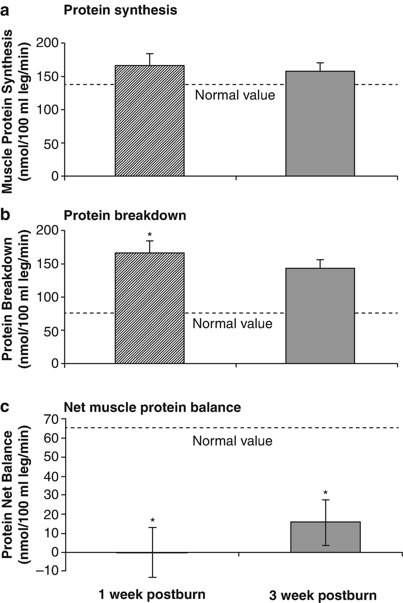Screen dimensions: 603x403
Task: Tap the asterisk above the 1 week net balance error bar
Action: click(x=152, y=521)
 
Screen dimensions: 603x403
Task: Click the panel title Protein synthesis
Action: click(x=120, y=10)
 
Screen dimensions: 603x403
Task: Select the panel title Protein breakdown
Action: click(x=125, y=215)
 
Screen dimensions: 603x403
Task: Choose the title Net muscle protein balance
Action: click(x=152, y=407)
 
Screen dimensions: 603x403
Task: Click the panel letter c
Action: click(x=5, y=407)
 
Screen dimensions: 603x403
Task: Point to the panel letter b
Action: click(x=5, y=214)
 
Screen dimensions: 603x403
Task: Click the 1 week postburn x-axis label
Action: click(x=152, y=594)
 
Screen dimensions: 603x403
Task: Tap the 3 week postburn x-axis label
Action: click(x=323, y=595)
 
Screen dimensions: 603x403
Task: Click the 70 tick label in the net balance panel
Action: click(x=52, y=419)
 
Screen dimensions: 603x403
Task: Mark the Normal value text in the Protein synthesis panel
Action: click(x=235, y=95)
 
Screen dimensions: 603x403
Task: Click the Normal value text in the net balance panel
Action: click(x=232, y=441)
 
